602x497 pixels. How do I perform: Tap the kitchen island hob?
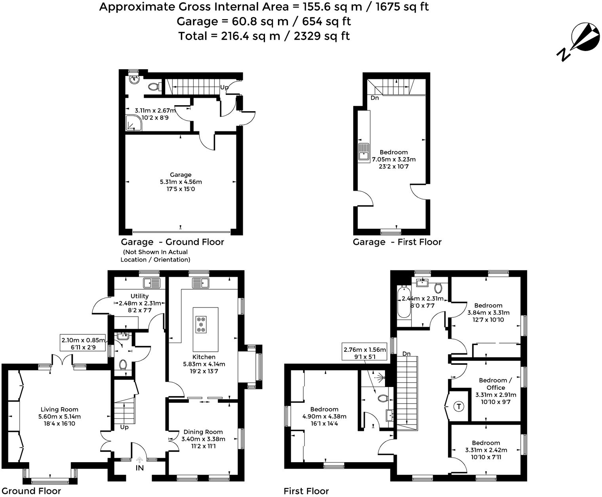201,324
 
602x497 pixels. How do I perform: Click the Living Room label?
59,410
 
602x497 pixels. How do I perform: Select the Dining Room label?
203,432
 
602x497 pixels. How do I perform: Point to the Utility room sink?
151,283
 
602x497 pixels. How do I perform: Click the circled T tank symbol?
459,406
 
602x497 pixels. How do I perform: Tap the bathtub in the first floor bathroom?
404,302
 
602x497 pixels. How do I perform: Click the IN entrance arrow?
139,461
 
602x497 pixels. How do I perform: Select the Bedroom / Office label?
495,384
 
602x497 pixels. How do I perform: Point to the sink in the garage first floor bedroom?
364,152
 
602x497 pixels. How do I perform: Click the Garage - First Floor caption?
397,242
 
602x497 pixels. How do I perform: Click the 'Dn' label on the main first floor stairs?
406,353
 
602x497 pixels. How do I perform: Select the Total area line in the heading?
264,36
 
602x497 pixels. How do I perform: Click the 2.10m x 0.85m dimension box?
83,343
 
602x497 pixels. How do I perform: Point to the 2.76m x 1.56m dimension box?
365,353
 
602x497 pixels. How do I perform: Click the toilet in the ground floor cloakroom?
123,364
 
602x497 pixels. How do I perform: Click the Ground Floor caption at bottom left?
31,491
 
